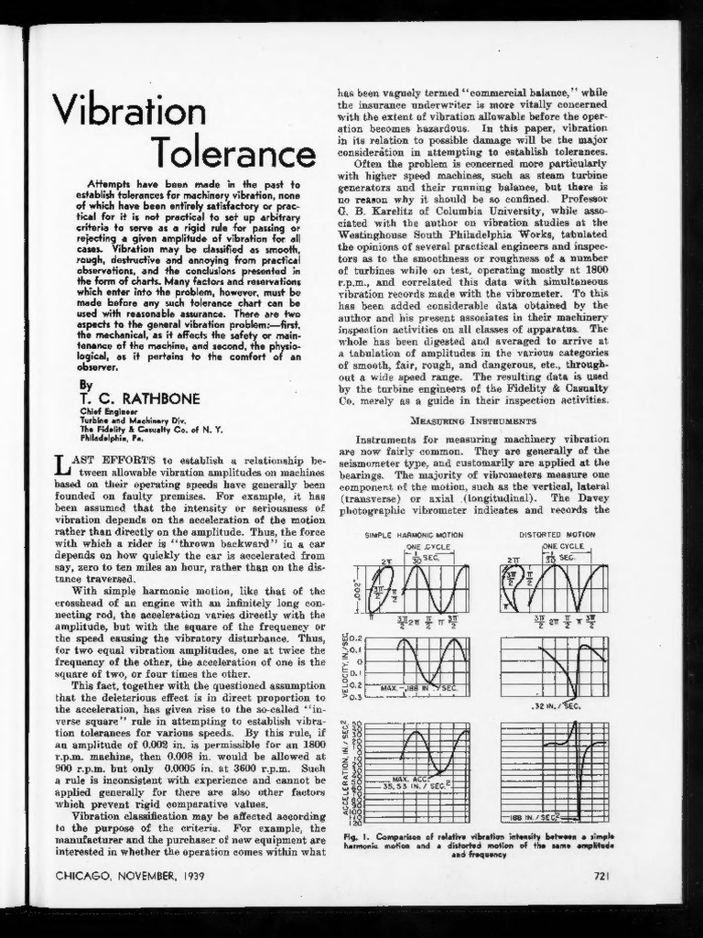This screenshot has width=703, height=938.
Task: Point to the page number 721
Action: pos(600,875)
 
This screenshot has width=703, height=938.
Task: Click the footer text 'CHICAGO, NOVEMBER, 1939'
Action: pos(130,875)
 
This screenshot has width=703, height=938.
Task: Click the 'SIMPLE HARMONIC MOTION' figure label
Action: pos(414,535)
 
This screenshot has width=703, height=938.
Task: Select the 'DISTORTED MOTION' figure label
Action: pos(557,535)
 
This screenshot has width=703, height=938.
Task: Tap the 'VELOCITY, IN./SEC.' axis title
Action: pos(345,666)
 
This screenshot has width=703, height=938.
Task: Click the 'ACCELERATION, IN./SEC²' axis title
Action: pos(345,771)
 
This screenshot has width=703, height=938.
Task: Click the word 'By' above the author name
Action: pos(86,385)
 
